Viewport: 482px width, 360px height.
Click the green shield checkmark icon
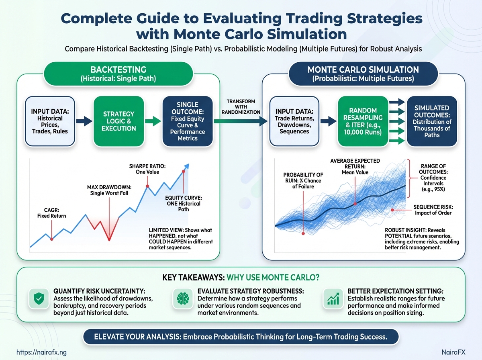coord(39,298)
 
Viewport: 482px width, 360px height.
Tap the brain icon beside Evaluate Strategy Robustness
coord(183,299)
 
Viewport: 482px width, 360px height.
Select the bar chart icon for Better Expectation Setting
coord(333,299)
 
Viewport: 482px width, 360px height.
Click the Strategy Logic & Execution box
coord(118,121)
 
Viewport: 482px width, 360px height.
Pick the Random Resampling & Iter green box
coord(363,121)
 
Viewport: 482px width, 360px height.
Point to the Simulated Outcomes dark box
coord(432,121)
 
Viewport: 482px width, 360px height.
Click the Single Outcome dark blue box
coord(188,121)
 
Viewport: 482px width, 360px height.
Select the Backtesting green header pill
coord(118,74)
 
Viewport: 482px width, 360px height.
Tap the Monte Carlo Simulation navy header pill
coord(363,74)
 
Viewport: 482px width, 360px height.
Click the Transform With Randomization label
coord(241,107)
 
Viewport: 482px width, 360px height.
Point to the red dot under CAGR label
coord(51,239)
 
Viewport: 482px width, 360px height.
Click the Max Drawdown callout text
coord(109,190)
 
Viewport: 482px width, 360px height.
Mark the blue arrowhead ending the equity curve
coord(186,166)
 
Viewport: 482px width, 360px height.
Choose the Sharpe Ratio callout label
coord(147,169)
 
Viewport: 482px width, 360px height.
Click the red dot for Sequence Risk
coord(392,210)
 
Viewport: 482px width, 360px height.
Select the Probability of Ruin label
coord(303,180)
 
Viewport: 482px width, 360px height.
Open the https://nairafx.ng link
coord(41,352)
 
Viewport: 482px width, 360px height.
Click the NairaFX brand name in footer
coord(453,352)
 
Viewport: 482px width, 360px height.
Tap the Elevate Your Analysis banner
coord(241,337)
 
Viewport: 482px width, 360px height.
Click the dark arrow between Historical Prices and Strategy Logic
coord(84,121)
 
